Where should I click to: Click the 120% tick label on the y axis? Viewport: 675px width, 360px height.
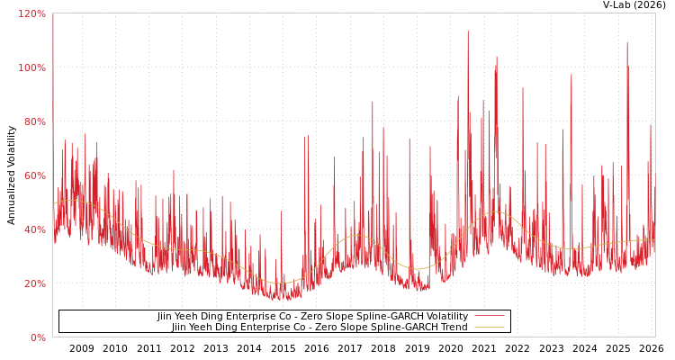31,13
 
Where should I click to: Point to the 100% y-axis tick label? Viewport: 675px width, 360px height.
31,67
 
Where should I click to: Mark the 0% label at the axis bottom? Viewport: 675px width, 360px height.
38,337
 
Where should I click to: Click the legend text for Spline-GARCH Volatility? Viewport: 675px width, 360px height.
312,317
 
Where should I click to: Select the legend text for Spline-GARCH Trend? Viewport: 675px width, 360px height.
319,328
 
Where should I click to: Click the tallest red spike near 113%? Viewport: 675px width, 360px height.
467,31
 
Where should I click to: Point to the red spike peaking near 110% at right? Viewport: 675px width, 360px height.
627,42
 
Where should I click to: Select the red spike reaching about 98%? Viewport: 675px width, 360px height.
571,75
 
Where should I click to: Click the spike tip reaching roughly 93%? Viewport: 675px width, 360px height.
522,88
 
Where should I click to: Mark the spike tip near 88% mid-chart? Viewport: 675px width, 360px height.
373,102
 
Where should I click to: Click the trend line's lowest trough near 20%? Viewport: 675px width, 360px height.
279,283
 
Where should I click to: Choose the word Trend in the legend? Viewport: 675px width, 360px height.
453,328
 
